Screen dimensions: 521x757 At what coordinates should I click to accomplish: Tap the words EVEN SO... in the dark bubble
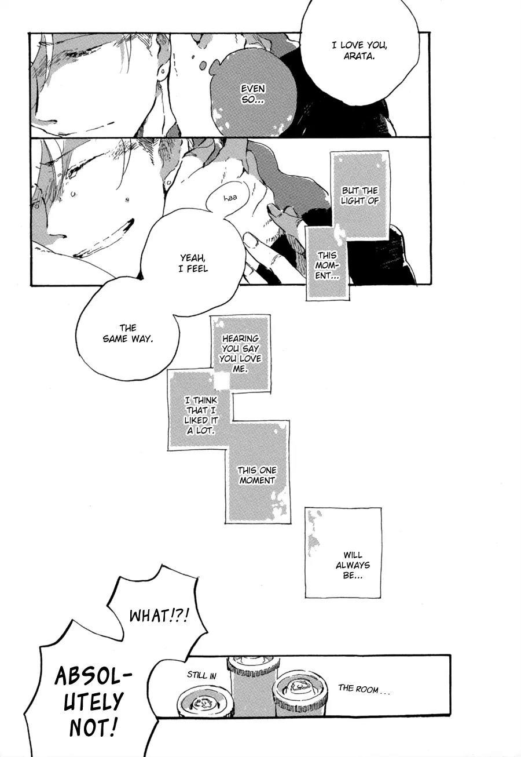point(253,94)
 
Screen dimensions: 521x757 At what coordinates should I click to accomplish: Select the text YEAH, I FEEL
point(194,264)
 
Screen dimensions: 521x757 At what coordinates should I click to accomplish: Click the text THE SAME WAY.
point(127,333)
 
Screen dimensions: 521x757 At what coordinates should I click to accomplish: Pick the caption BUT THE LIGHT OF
point(359,196)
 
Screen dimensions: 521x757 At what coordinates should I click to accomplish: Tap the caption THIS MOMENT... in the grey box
point(326,265)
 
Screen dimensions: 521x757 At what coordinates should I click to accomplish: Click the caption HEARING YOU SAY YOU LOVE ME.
point(240,354)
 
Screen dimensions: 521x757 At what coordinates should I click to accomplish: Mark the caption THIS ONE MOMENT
point(257,475)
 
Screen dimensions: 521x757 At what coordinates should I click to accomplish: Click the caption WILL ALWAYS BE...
point(353,565)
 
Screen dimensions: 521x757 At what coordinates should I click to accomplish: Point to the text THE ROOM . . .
point(363,689)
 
